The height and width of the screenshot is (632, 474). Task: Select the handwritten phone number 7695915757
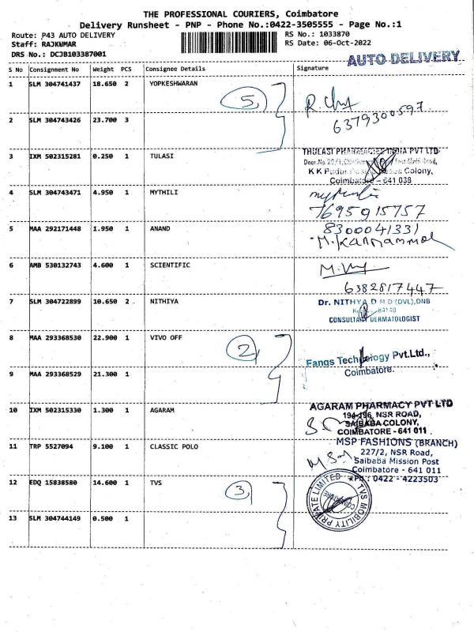[371, 211]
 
